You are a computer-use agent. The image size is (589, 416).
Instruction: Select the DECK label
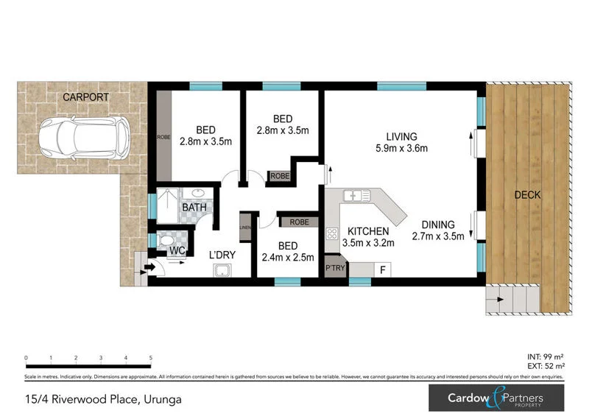[x=527, y=195]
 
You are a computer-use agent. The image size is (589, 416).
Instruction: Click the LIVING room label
[x=401, y=136]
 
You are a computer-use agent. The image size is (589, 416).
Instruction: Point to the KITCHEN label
[x=369, y=231]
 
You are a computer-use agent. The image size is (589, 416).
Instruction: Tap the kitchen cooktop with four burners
[x=331, y=236]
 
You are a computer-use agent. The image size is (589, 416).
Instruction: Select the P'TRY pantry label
[x=335, y=269]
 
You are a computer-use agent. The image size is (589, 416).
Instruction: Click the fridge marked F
[x=382, y=269]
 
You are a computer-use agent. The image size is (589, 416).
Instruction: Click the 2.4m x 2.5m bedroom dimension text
[x=287, y=257]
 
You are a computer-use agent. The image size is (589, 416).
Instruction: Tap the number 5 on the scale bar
[x=151, y=358]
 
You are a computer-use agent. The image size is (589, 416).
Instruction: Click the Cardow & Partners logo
[x=498, y=400]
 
